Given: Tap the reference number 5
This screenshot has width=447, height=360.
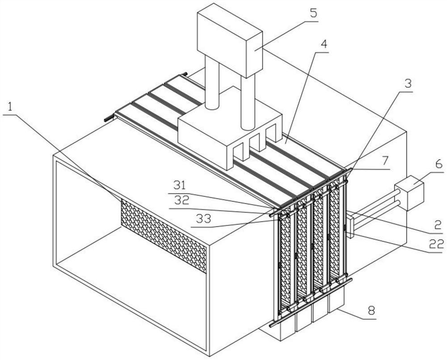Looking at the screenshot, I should pyautogui.click(x=314, y=13).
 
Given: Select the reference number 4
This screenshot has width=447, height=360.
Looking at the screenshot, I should pyautogui.click(x=323, y=44).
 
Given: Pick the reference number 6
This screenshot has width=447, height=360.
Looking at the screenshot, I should pyautogui.click(x=438, y=164).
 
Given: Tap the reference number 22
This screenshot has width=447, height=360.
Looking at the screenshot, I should pyautogui.click(x=437, y=244).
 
